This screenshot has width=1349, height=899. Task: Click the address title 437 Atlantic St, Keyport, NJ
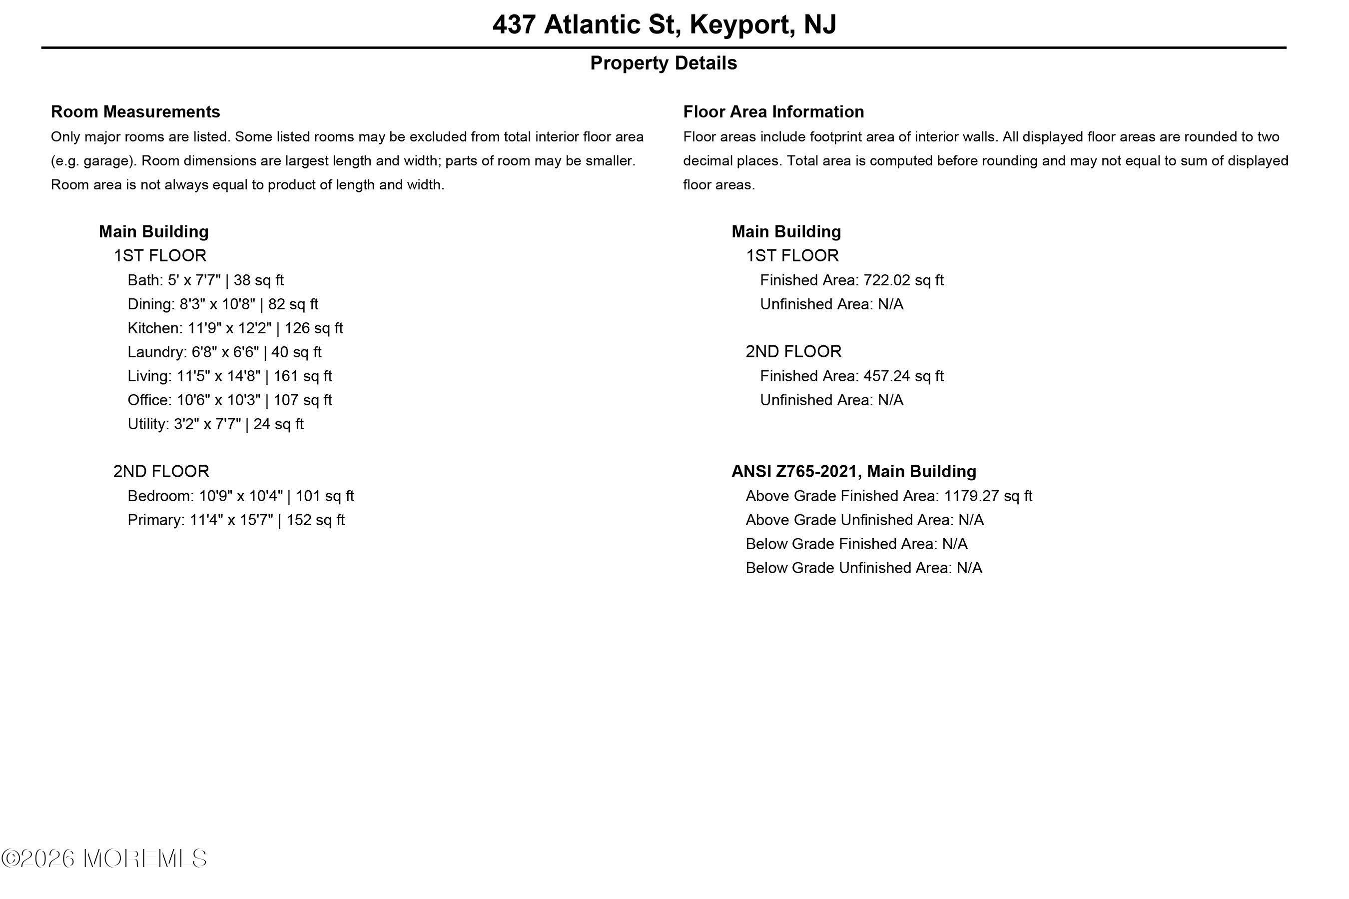click(x=664, y=24)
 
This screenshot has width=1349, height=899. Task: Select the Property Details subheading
click(x=663, y=63)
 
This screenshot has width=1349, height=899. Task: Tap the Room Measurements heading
click(x=135, y=112)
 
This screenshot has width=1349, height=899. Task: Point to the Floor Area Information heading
click(x=773, y=112)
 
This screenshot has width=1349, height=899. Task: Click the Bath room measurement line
click(x=205, y=280)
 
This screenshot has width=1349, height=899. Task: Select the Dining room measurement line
click(x=222, y=304)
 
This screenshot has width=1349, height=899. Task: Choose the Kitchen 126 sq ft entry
click(x=235, y=328)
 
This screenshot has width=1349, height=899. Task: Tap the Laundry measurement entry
click(x=224, y=352)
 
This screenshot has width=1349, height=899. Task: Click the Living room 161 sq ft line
click(x=229, y=376)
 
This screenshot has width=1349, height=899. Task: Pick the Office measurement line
click(x=229, y=400)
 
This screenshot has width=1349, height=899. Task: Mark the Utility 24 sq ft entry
click(x=215, y=424)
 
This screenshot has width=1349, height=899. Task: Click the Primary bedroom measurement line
click(x=235, y=520)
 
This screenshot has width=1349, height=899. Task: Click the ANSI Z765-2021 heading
click(x=853, y=472)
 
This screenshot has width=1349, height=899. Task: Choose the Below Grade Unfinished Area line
click(x=864, y=568)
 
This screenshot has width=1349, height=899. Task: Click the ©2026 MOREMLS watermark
click(x=104, y=859)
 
